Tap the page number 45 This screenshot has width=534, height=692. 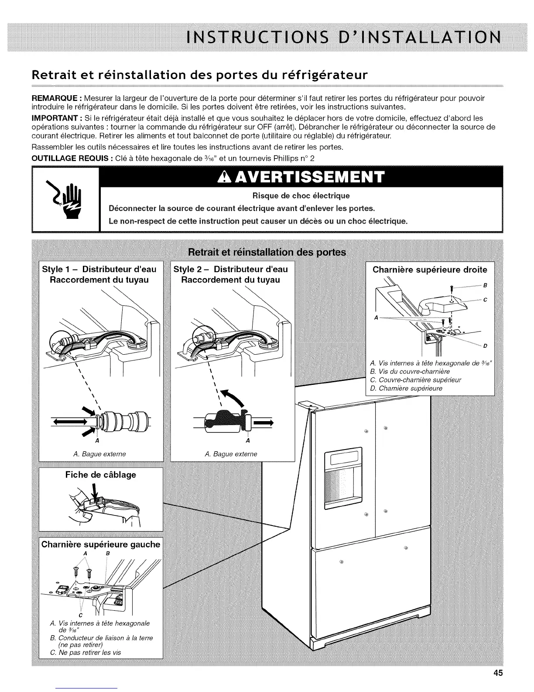click(x=498, y=673)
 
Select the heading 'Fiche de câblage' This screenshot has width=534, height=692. click(x=100, y=475)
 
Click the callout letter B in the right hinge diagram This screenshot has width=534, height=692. click(x=484, y=286)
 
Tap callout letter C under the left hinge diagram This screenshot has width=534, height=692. click(x=81, y=616)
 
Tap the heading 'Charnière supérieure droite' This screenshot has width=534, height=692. click(x=430, y=270)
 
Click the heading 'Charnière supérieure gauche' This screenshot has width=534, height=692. click(x=101, y=544)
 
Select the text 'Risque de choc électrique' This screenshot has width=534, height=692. click(x=301, y=195)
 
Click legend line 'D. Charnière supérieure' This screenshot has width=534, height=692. click(x=406, y=388)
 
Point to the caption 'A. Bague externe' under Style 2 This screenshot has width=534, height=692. click(x=231, y=454)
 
